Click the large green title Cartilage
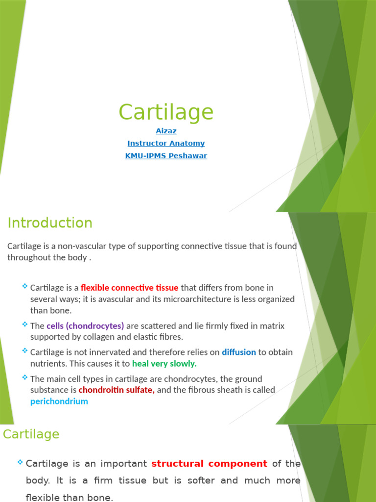(166, 112)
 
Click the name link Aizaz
(166, 131)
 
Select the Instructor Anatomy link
(166, 143)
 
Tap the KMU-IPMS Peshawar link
(166, 156)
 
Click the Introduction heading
(50, 223)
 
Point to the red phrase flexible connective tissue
(129, 288)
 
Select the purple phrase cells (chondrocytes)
(85, 326)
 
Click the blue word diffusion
(239, 352)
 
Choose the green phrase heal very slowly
(164, 364)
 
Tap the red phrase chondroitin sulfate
(117, 390)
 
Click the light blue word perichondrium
(59, 402)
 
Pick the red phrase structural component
(210, 464)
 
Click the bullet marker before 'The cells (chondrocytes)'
(25, 325)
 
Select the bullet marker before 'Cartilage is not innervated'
(25, 351)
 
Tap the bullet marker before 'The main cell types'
(25, 377)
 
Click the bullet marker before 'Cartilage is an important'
(20, 463)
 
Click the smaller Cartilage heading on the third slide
(31, 434)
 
